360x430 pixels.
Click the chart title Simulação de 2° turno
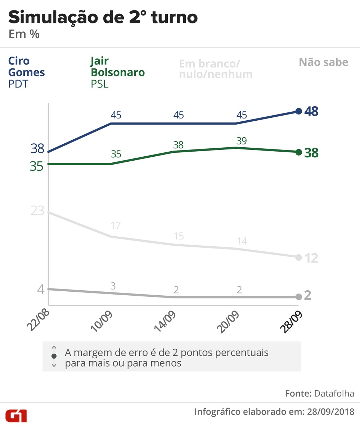click(x=103, y=17)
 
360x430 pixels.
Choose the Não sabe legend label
click(x=323, y=62)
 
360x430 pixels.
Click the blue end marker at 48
click(x=298, y=111)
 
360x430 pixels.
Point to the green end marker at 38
click(x=298, y=152)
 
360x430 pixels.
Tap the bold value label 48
click(x=311, y=112)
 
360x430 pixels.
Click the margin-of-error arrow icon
click(x=54, y=356)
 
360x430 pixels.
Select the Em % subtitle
click(x=24, y=35)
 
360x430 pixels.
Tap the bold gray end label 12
click(x=311, y=258)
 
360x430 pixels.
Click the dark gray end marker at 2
click(x=298, y=297)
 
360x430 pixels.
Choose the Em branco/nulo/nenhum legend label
click(x=215, y=69)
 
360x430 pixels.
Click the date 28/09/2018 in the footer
click(x=330, y=412)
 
